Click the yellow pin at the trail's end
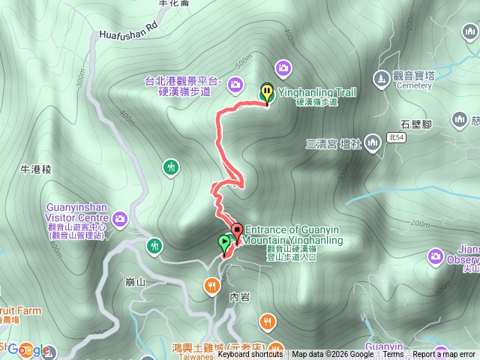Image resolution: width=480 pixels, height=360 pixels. (x=267, y=92)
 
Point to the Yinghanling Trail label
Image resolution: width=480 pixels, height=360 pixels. (x=317, y=92)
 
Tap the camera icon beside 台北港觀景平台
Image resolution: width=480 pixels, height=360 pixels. (x=235, y=84)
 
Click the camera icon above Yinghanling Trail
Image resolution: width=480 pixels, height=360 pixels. (x=283, y=68)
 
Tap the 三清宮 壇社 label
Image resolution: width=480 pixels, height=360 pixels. (x=334, y=143)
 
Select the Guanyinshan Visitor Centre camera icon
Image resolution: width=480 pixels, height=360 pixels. (x=121, y=219)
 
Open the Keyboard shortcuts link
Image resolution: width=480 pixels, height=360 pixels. (x=250, y=355)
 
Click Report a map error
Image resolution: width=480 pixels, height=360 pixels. (x=445, y=355)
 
